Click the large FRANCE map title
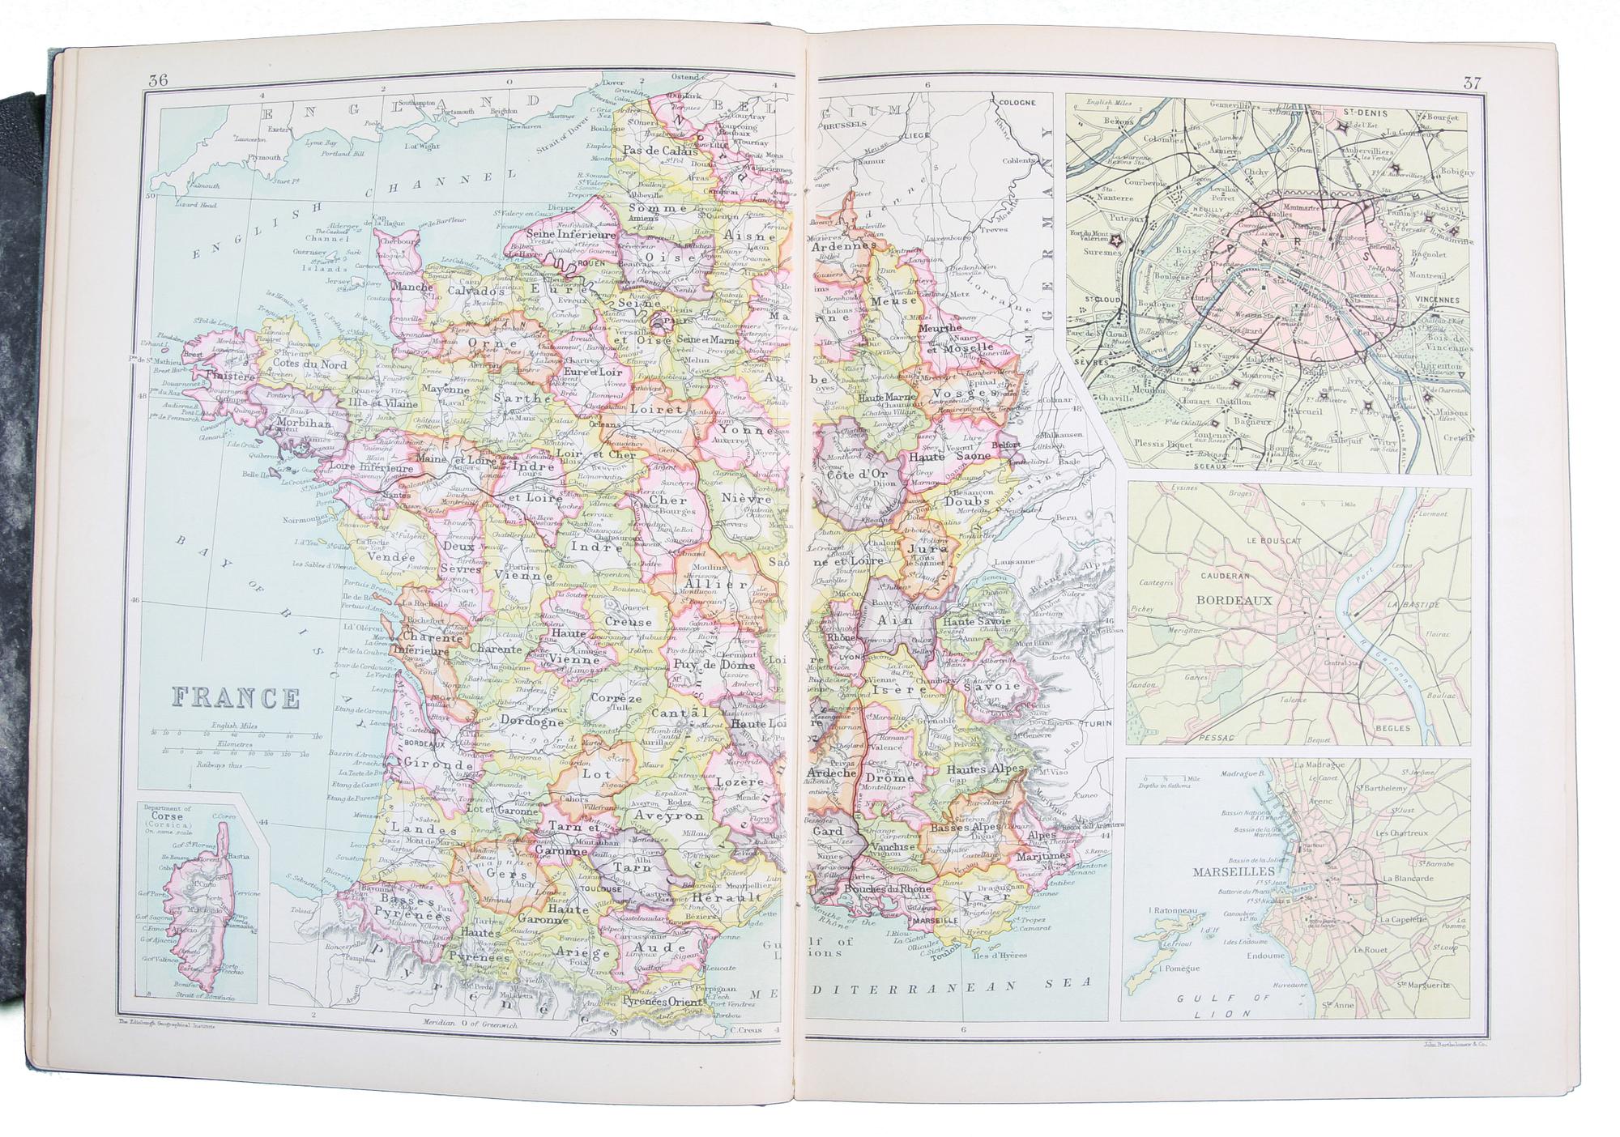pyautogui.click(x=236, y=697)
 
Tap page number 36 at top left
pyautogui.click(x=158, y=81)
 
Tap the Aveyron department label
pyautogui.click(x=661, y=815)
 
